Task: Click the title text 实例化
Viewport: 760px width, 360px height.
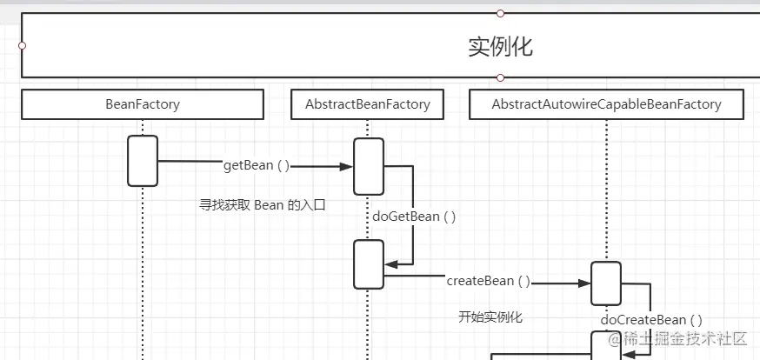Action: coord(500,47)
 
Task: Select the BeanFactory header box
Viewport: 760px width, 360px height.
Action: coord(142,104)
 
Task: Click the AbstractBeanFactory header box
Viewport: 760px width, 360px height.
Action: coord(367,104)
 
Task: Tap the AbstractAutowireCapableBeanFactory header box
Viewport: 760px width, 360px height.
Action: coord(606,104)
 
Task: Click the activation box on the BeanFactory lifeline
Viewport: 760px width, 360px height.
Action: coord(143,161)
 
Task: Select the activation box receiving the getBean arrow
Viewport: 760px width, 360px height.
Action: coord(368,166)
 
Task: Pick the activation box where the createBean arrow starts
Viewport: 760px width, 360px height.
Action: coord(368,264)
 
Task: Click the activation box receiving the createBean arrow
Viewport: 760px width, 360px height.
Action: coord(606,283)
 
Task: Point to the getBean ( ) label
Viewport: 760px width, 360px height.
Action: coord(257,165)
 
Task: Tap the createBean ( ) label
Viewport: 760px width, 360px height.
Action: coord(488,281)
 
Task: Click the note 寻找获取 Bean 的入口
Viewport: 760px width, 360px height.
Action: coord(262,205)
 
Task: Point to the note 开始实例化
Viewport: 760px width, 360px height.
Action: coord(490,317)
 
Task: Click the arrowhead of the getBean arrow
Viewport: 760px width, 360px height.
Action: coord(346,166)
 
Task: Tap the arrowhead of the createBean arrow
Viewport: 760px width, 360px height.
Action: coord(584,283)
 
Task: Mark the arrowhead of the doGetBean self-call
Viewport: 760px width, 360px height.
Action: coord(390,264)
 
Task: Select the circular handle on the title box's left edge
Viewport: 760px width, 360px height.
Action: coord(22,45)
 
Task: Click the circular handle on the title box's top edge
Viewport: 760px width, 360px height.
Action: coord(500,13)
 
